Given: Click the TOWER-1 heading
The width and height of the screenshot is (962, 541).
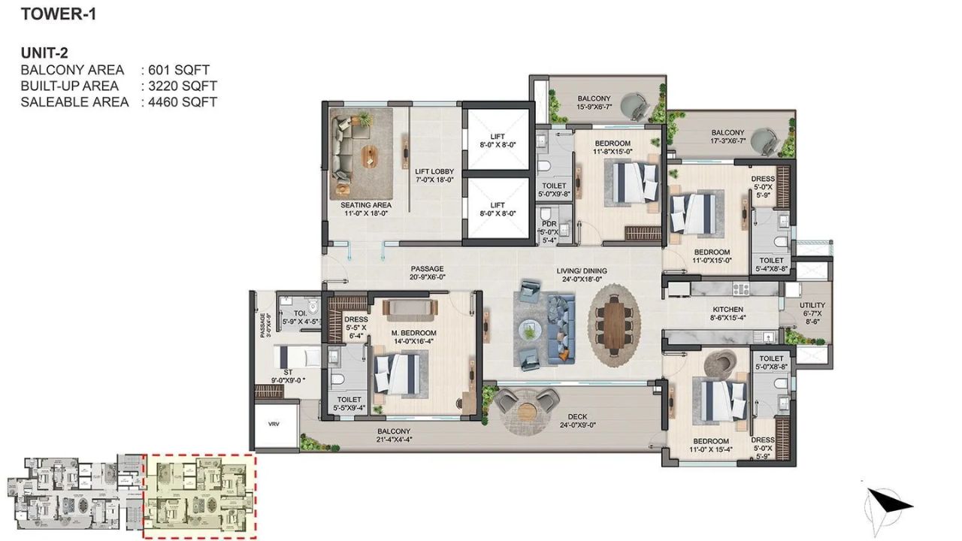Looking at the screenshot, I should pyautogui.click(x=59, y=14).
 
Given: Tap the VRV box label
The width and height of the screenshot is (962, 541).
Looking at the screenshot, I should pyautogui.click(x=273, y=425).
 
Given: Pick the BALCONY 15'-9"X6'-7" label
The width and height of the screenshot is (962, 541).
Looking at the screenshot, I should pyautogui.click(x=594, y=103).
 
